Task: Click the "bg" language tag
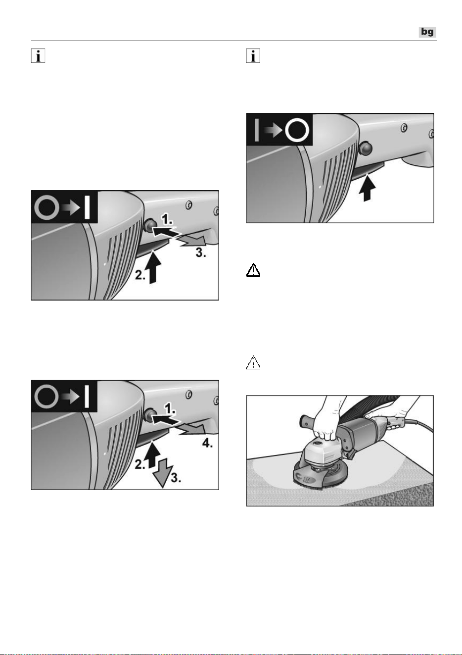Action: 427,32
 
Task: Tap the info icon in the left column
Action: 38,56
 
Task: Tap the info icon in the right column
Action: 253,56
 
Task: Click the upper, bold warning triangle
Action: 253,270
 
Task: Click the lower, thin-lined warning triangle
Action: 253,362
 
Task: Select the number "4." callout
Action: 207,443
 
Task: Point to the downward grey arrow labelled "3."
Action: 162,472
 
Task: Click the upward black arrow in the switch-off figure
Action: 367,188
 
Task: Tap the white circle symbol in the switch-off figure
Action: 297,130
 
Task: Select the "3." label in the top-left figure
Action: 201,252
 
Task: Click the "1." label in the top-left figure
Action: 167,219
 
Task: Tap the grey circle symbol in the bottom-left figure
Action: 46,397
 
